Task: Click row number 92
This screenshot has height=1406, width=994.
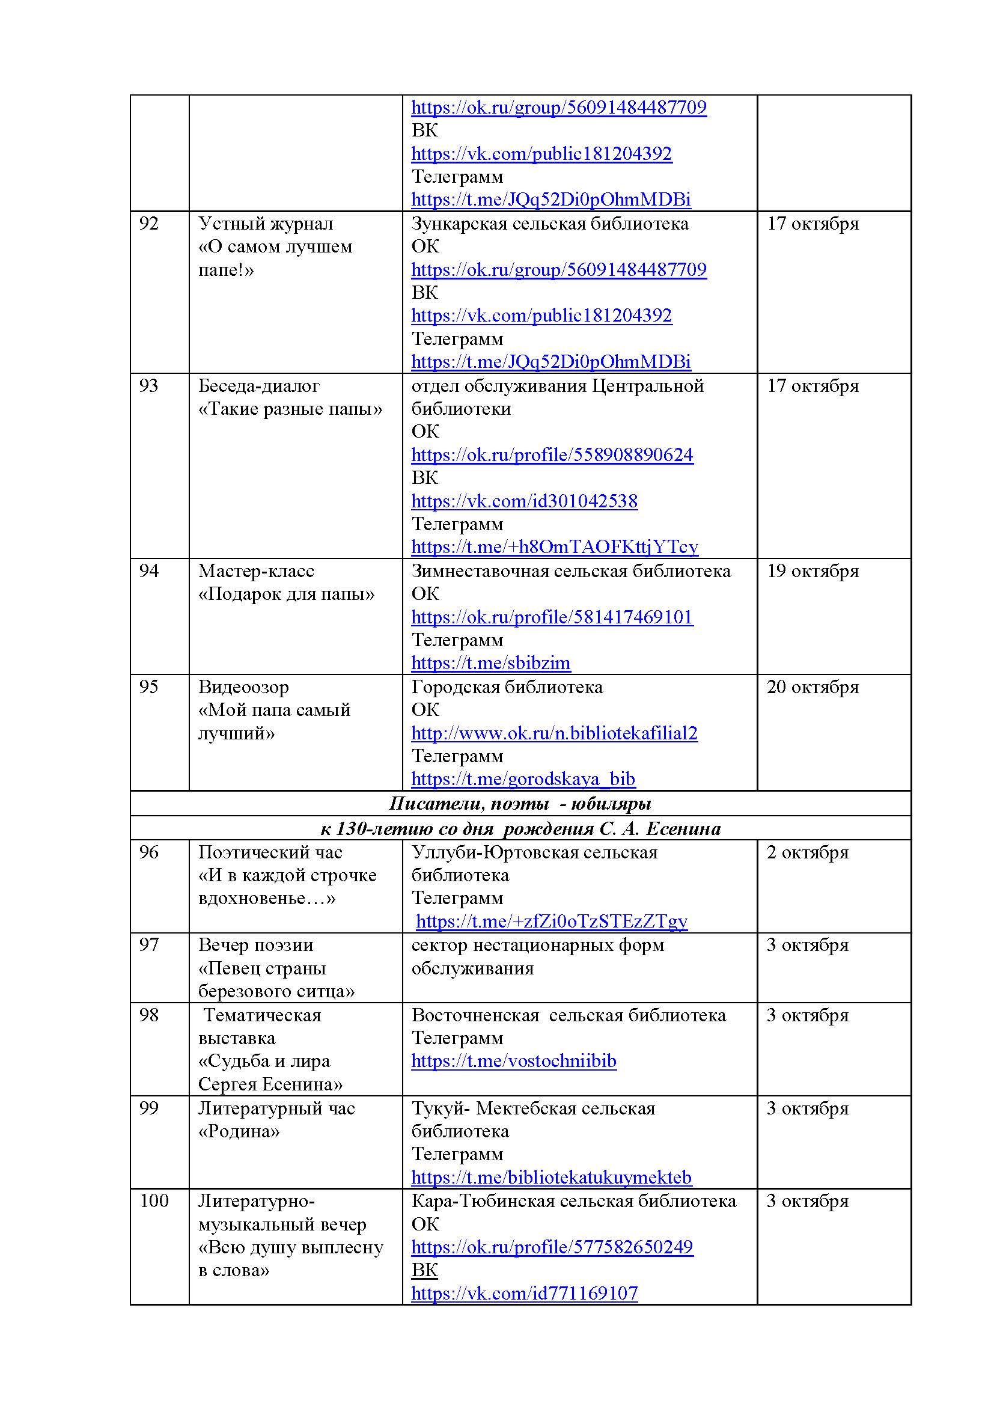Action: coord(148,224)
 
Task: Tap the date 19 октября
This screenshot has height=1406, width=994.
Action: coord(813,570)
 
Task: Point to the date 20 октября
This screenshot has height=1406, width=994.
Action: coord(813,687)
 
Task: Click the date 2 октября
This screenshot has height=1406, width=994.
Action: coord(807,852)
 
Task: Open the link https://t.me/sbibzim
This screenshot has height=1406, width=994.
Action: coord(490,663)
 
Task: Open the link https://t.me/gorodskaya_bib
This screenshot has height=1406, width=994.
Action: coord(523,779)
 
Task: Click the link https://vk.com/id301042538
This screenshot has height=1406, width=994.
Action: coord(524,501)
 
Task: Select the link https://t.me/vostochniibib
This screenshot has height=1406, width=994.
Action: coord(513,1060)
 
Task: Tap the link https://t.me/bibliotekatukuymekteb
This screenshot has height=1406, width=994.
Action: coord(551,1177)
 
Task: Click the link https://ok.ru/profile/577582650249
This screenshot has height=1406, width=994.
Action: coord(552,1247)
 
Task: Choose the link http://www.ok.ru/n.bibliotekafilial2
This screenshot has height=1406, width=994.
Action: coord(554,733)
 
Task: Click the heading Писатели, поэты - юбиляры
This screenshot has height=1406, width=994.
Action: coord(520,804)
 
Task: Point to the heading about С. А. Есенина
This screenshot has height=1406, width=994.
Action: coord(520,828)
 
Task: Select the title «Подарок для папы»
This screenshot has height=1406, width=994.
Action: coord(286,594)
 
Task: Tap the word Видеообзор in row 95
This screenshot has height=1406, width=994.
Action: coord(243,687)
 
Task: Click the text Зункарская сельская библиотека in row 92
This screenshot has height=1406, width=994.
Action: coord(549,224)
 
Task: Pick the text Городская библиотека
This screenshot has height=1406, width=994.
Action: coord(506,687)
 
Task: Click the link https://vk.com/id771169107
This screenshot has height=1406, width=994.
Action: coord(524,1293)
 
